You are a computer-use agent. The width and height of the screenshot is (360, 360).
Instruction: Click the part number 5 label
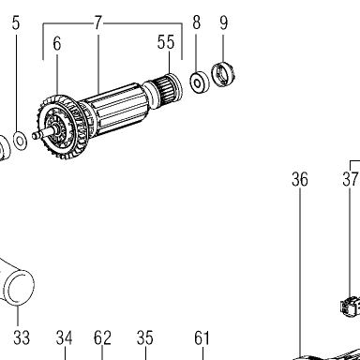click(x=16, y=22)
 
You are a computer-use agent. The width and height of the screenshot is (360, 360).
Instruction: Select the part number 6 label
click(x=57, y=43)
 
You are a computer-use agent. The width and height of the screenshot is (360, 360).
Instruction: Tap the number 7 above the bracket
click(x=98, y=22)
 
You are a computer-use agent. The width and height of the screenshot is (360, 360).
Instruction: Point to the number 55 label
click(x=166, y=42)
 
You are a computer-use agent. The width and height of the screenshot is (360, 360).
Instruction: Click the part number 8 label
click(x=196, y=22)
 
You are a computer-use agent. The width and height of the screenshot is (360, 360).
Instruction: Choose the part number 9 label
click(x=223, y=22)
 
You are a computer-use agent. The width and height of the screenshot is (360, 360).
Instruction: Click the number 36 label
click(x=300, y=179)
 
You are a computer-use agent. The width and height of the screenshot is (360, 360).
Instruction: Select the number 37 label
click(x=350, y=179)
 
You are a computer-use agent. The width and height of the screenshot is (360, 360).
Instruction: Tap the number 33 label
click(x=22, y=337)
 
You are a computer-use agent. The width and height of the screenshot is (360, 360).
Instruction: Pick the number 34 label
click(x=65, y=337)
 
